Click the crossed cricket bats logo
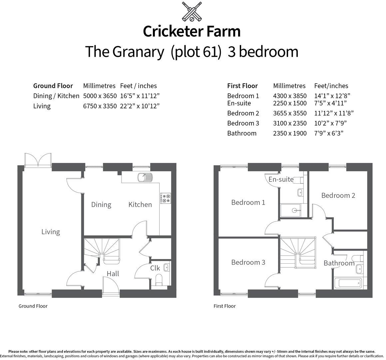click(x=192, y=11)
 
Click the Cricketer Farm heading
click(x=192, y=31)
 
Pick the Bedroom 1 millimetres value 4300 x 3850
click(x=290, y=96)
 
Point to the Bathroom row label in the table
click(x=242, y=133)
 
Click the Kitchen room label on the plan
click(x=140, y=205)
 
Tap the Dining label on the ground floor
click(x=101, y=205)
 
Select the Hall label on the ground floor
click(x=113, y=274)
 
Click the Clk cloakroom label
click(x=155, y=268)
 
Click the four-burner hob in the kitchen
click(x=166, y=198)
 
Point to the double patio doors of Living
click(x=38, y=160)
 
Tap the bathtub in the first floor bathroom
click(x=349, y=284)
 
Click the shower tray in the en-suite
click(x=293, y=210)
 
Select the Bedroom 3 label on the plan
click(x=248, y=262)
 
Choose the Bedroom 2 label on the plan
click(x=338, y=195)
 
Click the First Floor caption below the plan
click(x=224, y=306)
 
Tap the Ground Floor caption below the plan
click(x=33, y=306)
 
